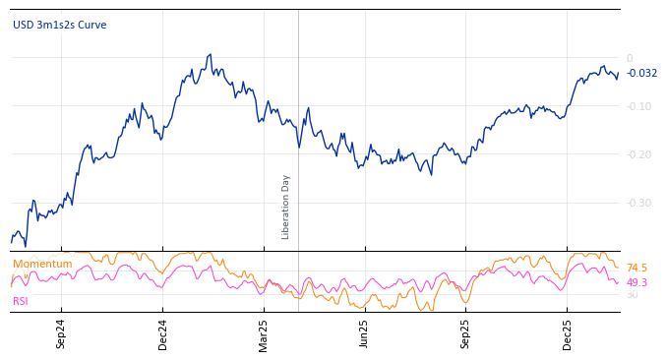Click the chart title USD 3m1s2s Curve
click(x=59, y=26)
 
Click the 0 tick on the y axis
click(x=630, y=59)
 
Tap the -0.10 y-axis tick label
click(x=638, y=107)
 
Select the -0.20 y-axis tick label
click(x=638, y=155)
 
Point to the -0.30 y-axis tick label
click(x=638, y=204)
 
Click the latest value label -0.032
click(x=641, y=74)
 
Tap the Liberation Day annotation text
click(x=286, y=207)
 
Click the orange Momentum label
click(x=42, y=265)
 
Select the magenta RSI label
click(x=20, y=301)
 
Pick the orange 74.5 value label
click(x=637, y=269)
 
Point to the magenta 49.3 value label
click(x=637, y=283)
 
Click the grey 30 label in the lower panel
click(x=632, y=295)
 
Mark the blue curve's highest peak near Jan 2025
click(x=210, y=55)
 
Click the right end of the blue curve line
click(x=618, y=74)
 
